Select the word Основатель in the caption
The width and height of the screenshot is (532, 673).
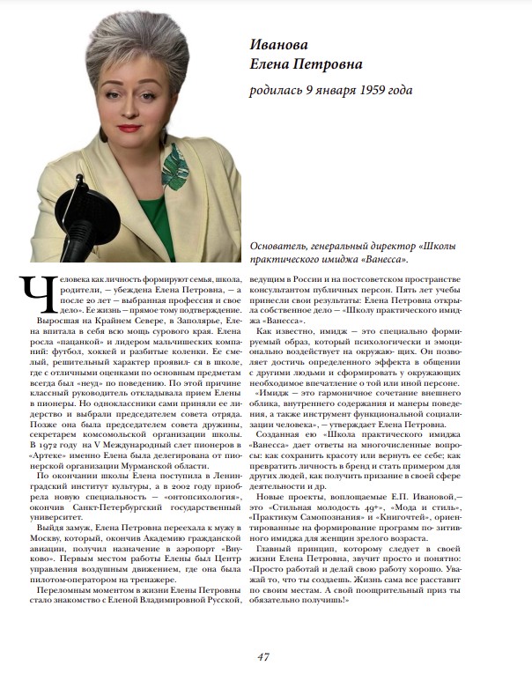tap(282, 247)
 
